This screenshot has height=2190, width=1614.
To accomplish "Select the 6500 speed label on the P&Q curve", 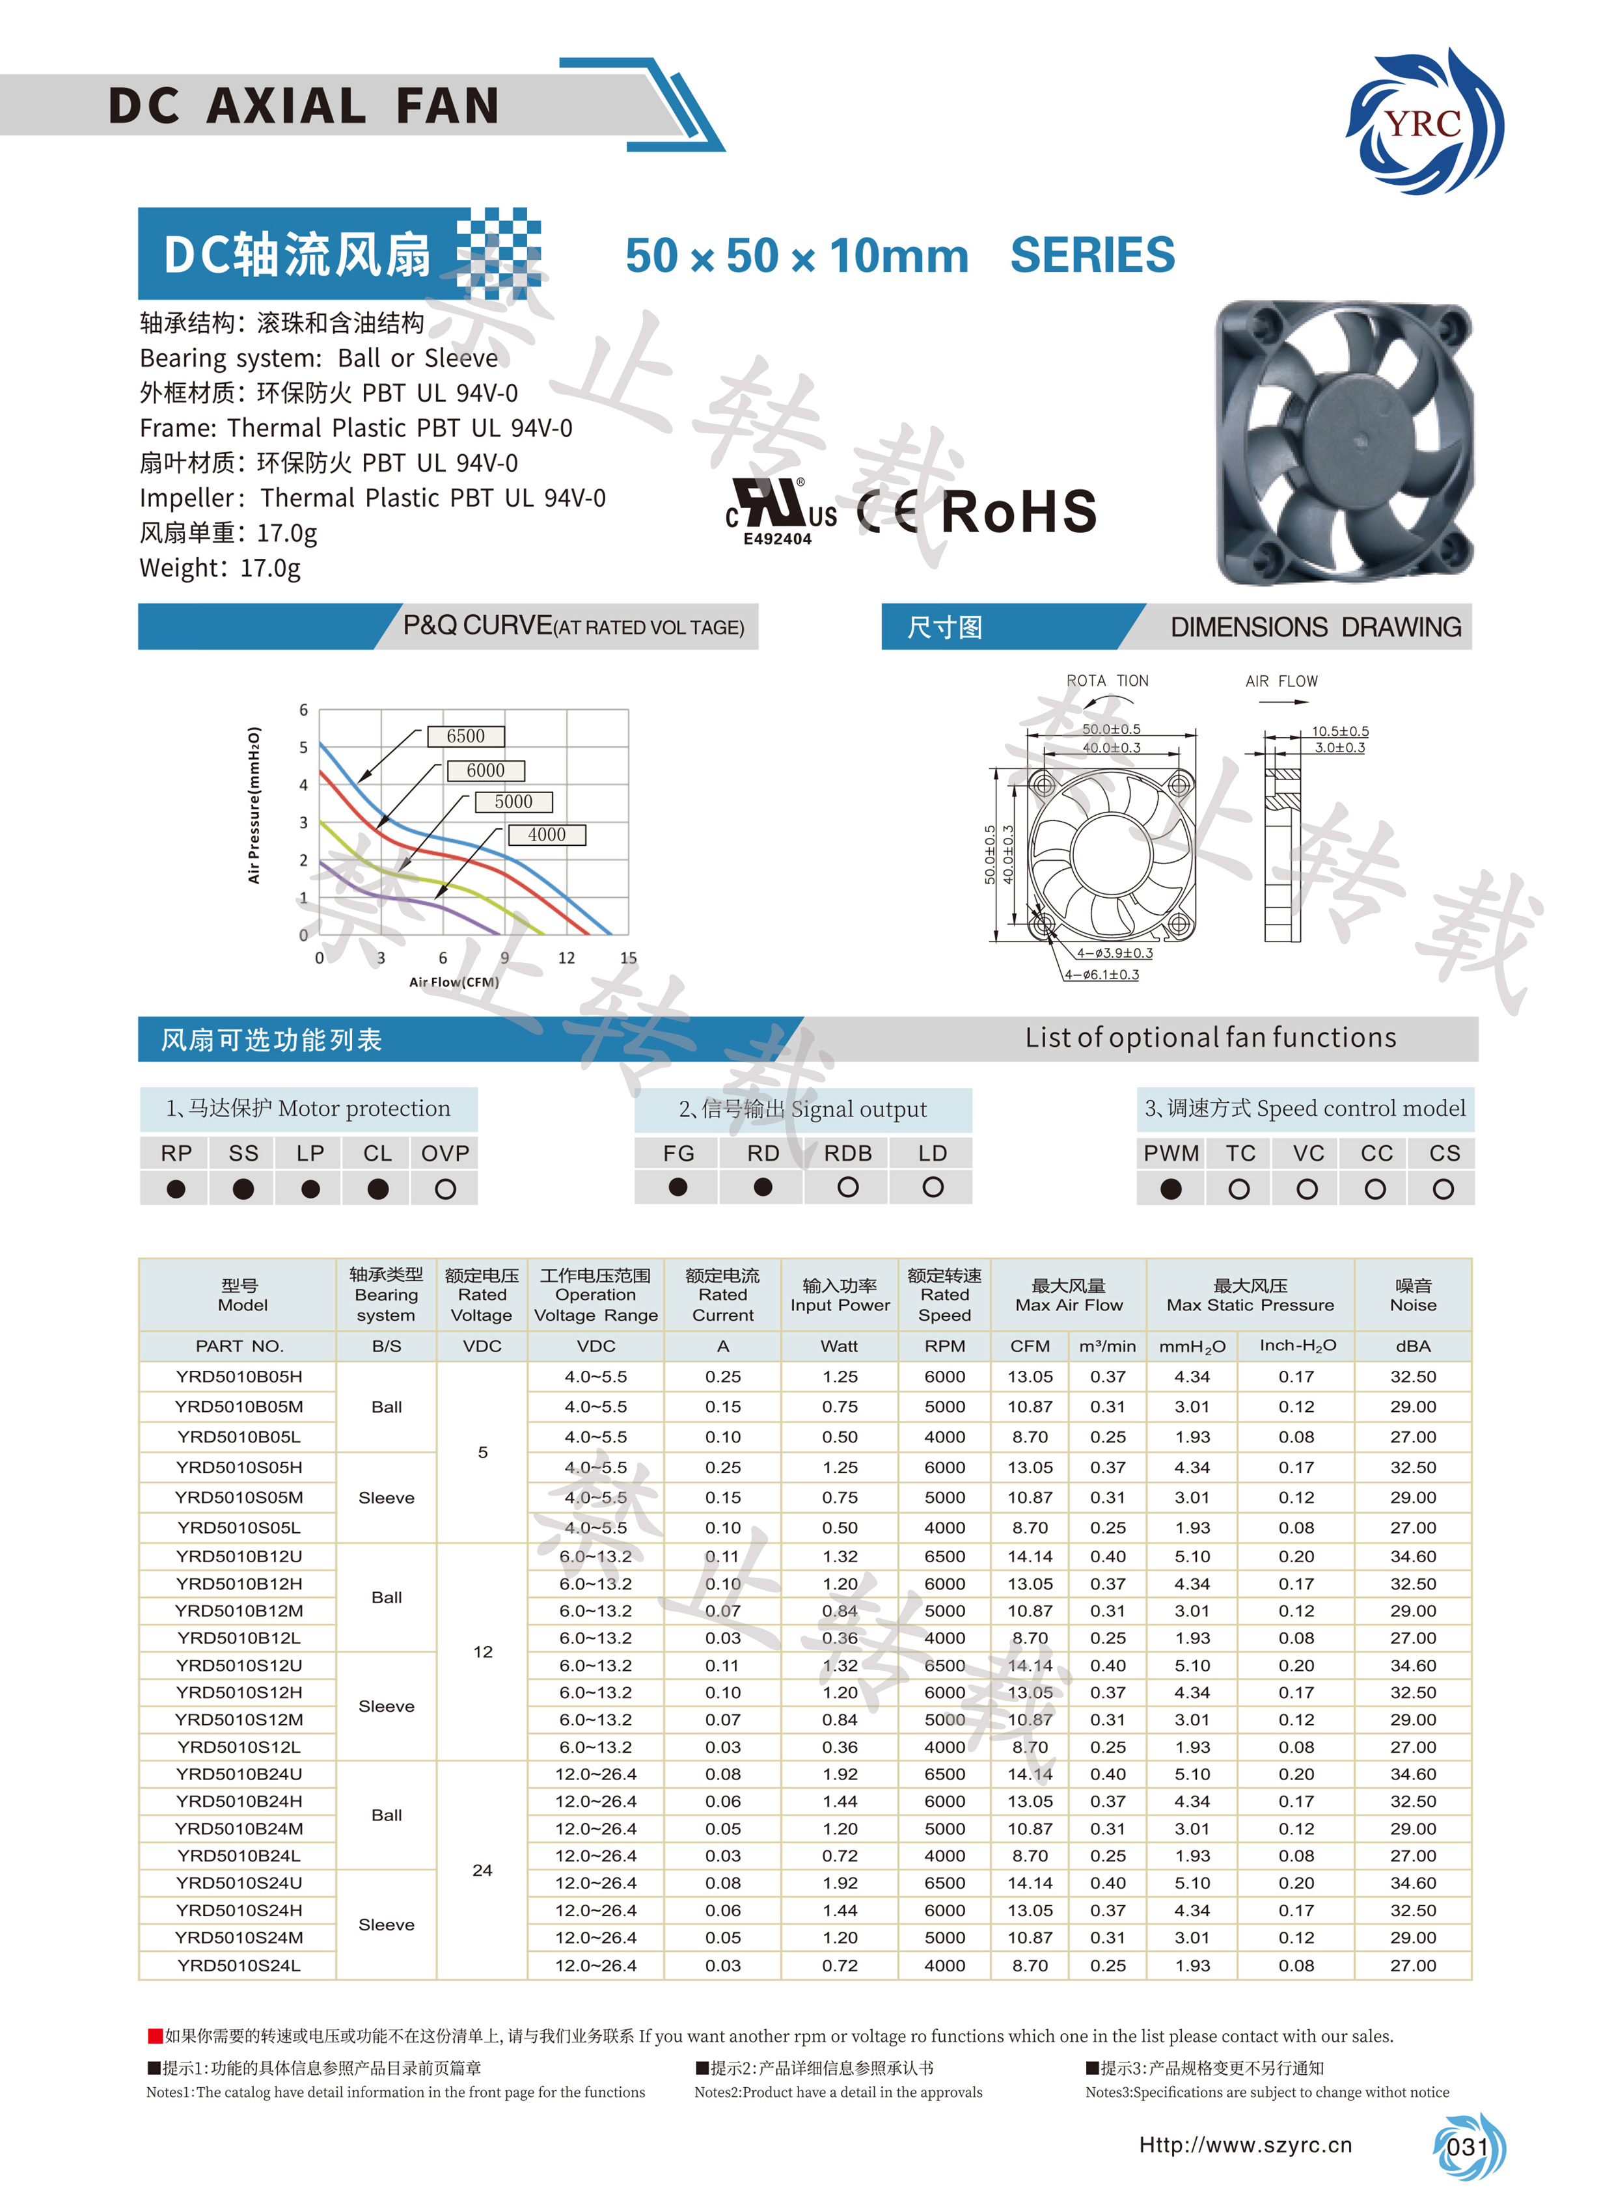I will click(466, 737).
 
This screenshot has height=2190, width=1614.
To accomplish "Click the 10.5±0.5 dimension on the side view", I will click(1339, 731).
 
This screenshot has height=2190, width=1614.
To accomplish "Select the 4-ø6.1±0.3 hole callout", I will click(1102, 975).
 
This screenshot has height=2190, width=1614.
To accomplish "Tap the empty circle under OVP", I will click(446, 1189).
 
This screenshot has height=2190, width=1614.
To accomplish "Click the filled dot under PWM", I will click(1170, 1189).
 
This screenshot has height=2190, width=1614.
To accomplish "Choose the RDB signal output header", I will click(847, 1154).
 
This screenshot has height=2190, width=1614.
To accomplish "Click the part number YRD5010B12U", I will click(239, 1556).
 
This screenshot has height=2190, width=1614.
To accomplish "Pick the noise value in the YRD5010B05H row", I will click(1413, 1376).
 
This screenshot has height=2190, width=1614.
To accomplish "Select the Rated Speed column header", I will click(945, 1294).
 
